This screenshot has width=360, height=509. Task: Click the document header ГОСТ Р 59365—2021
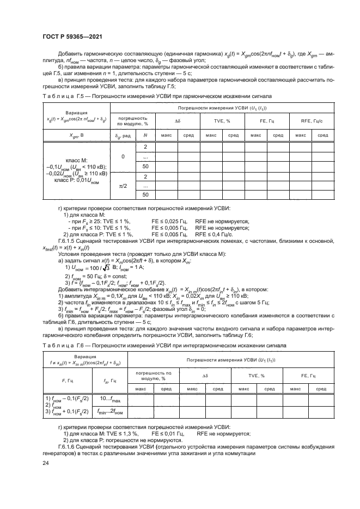(70, 37)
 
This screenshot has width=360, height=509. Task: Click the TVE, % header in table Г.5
(222, 121)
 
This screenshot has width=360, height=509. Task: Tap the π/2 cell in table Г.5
(124, 186)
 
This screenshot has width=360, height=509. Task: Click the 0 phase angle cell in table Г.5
(124, 157)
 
